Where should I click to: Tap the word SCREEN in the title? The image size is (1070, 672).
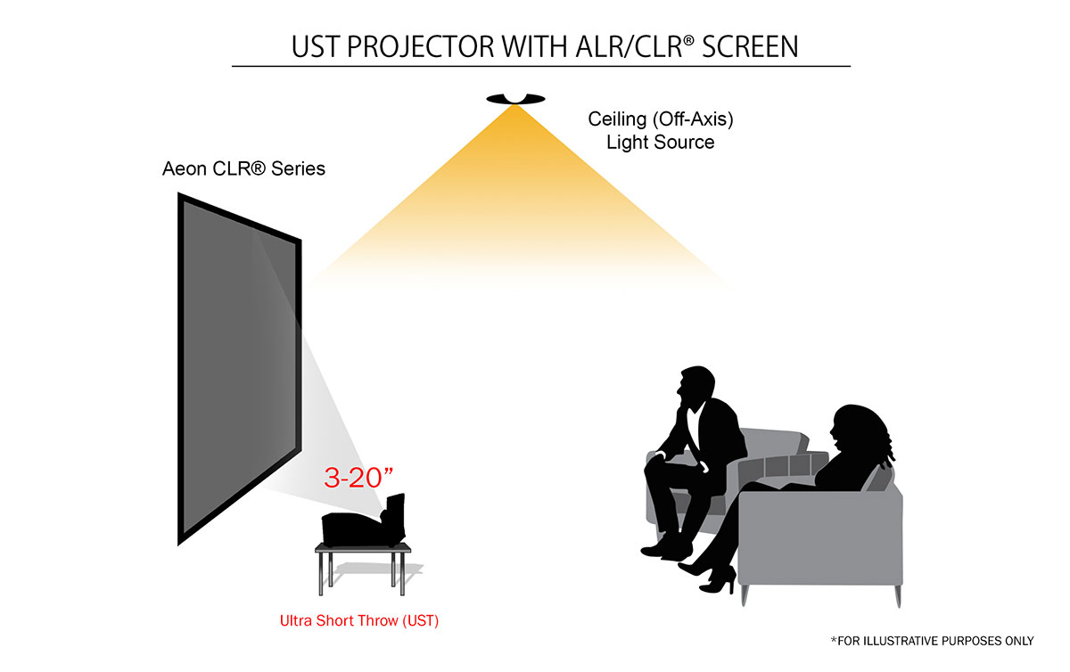750,46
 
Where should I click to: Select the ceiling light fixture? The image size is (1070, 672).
514,98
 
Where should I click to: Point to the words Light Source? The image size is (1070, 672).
660,142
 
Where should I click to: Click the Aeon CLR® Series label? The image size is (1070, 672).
243,168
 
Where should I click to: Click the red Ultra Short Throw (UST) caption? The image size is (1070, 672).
359,619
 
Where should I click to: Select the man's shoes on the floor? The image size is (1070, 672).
664,544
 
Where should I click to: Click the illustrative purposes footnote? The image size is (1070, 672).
932,641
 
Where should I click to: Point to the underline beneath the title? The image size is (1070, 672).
540,66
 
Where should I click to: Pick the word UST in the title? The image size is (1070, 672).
317,46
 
